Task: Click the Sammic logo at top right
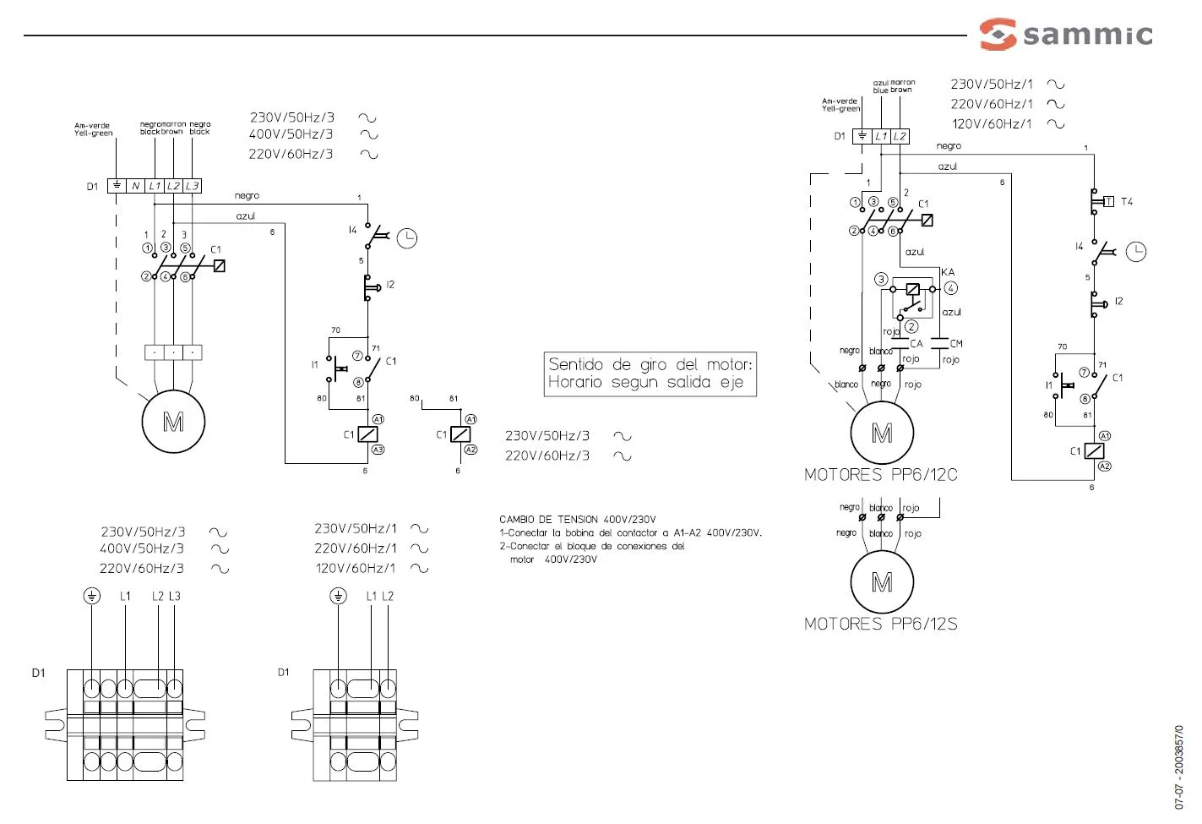coord(1066,35)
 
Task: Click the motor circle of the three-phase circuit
coord(173,422)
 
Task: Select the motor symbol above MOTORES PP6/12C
coord(882,434)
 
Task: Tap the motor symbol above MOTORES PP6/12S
coord(882,582)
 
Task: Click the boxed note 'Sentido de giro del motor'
coord(650,374)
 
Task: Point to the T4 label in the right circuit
coord(1127,201)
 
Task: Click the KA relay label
coord(948,272)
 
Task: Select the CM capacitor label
coord(956,343)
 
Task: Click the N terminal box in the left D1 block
coord(135,186)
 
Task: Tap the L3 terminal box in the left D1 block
coord(192,186)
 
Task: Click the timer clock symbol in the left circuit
coord(407,238)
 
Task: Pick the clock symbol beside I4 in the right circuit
coord(1136,252)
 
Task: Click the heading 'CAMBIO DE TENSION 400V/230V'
coord(578,520)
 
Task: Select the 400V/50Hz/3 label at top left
coord(291,134)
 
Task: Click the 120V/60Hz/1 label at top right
coord(992,124)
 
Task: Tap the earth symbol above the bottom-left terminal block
coord(91,597)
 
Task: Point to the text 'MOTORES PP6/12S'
coord(881,624)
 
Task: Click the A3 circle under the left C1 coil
coord(378,450)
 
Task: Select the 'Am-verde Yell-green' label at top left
coord(93,129)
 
